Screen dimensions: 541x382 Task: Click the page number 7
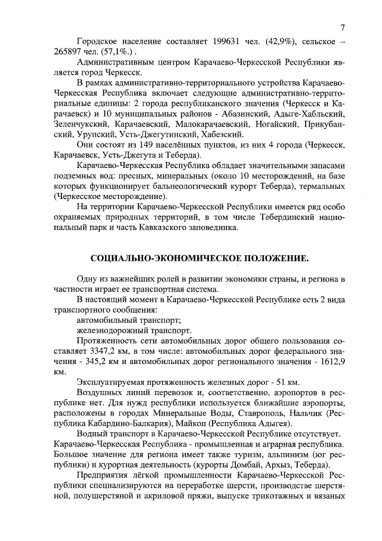[x=343, y=27]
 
